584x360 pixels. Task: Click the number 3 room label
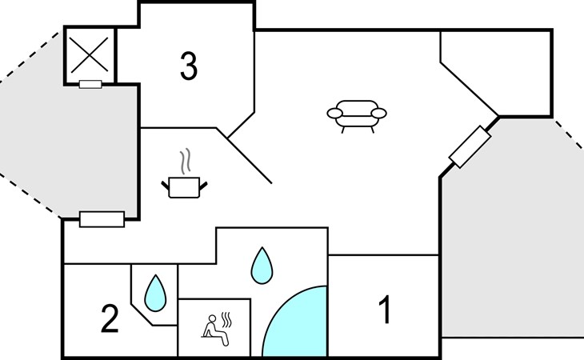(x=189, y=66)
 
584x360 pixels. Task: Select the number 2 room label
(x=110, y=318)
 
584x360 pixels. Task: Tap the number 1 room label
(x=385, y=310)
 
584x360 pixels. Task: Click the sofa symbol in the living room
(x=357, y=116)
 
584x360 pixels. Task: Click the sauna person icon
(x=216, y=330)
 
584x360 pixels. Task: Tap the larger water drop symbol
(x=262, y=266)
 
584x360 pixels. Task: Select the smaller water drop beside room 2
(x=155, y=294)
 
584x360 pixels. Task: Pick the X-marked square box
(x=90, y=55)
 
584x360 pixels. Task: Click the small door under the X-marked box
(x=90, y=84)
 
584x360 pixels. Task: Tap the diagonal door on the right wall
(x=470, y=147)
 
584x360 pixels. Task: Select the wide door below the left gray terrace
(x=102, y=219)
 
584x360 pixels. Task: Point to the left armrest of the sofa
(x=335, y=113)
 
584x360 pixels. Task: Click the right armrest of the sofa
(x=378, y=113)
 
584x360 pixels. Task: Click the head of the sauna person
(x=212, y=318)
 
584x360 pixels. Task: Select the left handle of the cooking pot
(x=165, y=186)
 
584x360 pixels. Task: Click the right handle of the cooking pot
(x=203, y=186)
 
